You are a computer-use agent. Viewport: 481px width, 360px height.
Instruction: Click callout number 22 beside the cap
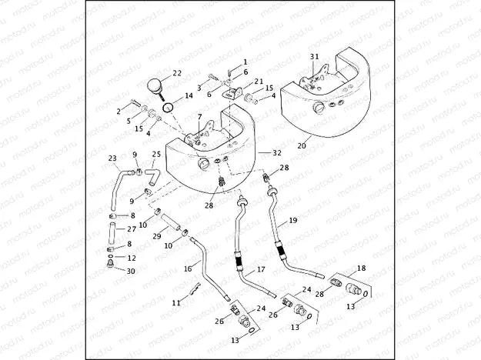[x=177, y=73]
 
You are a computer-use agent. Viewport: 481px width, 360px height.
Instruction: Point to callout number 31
[x=314, y=57]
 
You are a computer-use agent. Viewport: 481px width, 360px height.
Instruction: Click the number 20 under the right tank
[x=302, y=145]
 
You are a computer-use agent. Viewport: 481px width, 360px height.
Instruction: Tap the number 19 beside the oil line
[x=292, y=221]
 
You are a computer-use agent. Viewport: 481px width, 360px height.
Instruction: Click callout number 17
[x=260, y=270]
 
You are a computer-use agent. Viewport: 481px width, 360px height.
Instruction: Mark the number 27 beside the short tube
[x=131, y=229]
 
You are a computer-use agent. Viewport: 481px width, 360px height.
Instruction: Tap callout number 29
[x=156, y=235]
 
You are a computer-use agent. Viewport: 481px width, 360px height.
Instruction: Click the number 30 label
[x=131, y=271]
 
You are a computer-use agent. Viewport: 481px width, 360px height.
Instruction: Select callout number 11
[x=176, y=303]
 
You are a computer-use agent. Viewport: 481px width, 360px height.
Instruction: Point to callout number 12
[x=131, y=258]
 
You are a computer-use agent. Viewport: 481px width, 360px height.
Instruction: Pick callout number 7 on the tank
[x=199, y=116]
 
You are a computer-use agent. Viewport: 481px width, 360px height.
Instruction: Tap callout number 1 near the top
[x=246, y=61]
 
